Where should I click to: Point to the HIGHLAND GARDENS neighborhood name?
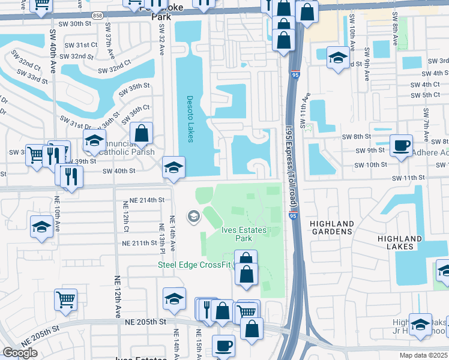click(x=331, y=227)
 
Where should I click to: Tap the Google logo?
click(x=20, y=353)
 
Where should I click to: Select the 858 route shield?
click(x=97, y=14)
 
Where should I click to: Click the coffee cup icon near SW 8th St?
click(x=401, y=145)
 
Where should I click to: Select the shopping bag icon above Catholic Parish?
click(x=142, y=133)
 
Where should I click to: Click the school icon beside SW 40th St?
click(x=173, y=167)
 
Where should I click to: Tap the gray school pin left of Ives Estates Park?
click(x=193, y=215)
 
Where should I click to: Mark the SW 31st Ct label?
click(x=82, y=45)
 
